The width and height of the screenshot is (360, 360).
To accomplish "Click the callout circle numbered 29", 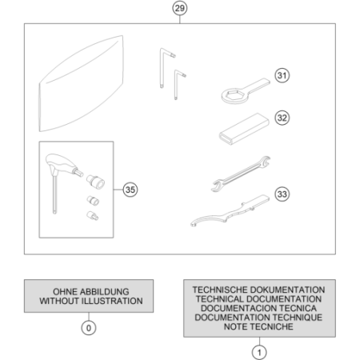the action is pos(179,8).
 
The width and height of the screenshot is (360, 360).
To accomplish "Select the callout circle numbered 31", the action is pos(282,75).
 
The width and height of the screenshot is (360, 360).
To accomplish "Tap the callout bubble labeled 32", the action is pos(282,118).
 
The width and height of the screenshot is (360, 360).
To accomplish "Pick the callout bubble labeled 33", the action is pos(282,194).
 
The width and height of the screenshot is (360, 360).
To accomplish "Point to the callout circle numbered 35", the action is pos(130,190).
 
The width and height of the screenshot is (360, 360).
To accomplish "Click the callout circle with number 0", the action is pos(89,328).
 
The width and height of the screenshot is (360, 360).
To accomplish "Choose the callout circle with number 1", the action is pos(259,353).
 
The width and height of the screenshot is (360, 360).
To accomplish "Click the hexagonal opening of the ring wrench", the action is pos(234,95).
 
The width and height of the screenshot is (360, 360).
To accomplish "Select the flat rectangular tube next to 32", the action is pos(244,129).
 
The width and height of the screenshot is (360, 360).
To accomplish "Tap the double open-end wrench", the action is pos(241,174).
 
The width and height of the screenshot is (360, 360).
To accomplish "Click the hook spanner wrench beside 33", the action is pos(230,210).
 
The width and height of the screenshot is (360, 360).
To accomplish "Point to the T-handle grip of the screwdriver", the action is pos(61,162).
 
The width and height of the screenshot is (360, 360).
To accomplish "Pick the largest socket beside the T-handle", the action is pos(95,182).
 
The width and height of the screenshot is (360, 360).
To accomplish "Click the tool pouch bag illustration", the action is pos(82,83).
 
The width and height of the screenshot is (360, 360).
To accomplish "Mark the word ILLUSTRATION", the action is pos(112,301).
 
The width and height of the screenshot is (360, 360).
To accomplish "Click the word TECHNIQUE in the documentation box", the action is pos(298,318).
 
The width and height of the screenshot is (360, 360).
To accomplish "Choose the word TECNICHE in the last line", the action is pos(272,326).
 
